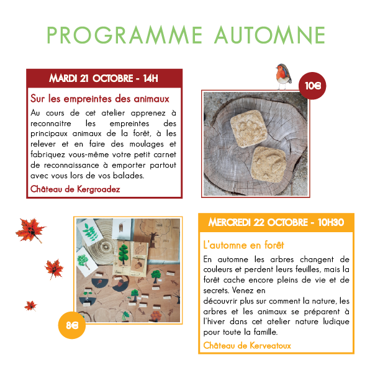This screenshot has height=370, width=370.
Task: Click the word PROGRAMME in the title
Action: pos(124,35)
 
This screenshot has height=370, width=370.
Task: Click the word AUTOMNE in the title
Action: pos(269,35)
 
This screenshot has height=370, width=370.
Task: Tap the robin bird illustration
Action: pos(284,76)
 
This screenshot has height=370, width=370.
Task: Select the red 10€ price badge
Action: pos(312,86)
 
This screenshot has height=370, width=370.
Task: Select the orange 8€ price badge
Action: pos(72,325)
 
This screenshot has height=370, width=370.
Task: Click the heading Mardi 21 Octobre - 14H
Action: pos(104,78)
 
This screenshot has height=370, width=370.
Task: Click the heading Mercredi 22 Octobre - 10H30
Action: pos(276,222)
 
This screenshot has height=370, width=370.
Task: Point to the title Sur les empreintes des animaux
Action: pos(100,99)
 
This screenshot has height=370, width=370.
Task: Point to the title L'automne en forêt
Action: pos(243,245)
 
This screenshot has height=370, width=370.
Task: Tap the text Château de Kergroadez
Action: pos(75,189)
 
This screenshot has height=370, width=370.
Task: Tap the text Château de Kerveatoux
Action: pos(247,345)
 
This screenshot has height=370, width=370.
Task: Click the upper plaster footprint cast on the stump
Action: pos(249,129)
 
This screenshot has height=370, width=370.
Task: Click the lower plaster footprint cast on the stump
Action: pos(269,165)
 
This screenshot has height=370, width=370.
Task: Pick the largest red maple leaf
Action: pos(30,230)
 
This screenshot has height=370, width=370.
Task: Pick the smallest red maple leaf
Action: pos(30,306)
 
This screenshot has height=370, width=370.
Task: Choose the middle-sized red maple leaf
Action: pos(54,269)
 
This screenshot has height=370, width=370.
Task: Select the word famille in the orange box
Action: pos(266,332)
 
